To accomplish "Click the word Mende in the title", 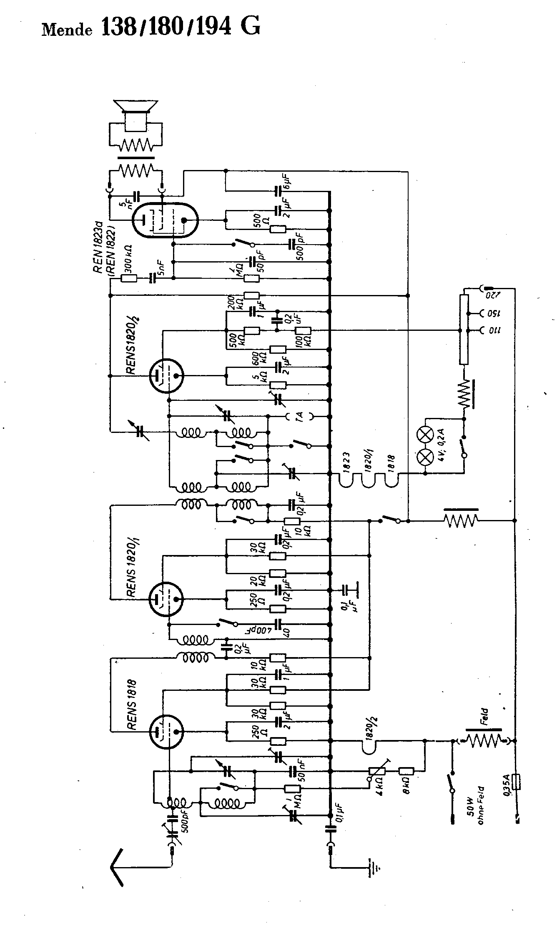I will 67,30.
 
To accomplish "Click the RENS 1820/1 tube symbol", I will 166,599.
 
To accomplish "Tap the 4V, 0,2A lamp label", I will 441,442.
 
